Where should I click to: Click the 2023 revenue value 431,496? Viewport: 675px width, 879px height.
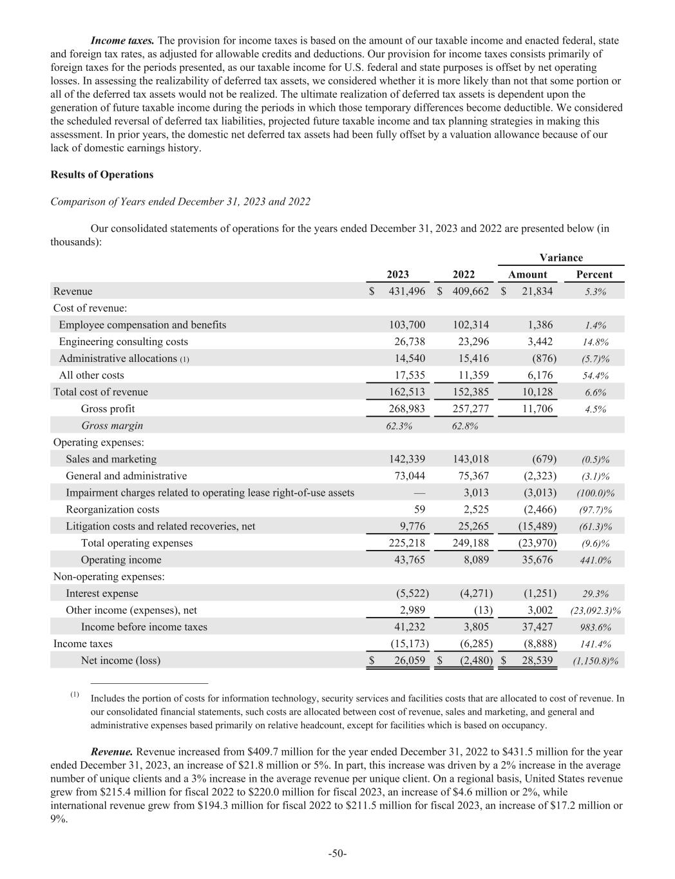click(x=406, y=291)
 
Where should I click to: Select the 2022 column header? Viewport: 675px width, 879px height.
click(x=464, y=274)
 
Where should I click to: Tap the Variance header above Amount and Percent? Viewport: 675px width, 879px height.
click(x=560, y=258)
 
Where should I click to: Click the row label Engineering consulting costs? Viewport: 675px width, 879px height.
click(x=123, y=341)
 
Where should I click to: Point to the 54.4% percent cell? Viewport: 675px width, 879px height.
click(x=595, y=375)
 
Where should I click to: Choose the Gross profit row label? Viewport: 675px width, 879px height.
click(x=108, y=409)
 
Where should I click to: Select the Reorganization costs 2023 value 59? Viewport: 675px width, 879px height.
click(x=419, y=509)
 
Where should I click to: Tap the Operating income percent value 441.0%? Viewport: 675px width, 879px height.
click(x=595, y=560)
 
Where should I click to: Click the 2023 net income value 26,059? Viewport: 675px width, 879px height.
click(x=406, y=660)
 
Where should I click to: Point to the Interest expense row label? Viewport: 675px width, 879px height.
click(x=102, y=593)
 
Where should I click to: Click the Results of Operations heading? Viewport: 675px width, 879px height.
click(x=102, y=175)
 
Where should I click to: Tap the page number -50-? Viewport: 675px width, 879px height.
click(x=337, y=853)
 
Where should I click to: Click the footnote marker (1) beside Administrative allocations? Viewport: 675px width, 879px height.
click(x=184, y=359)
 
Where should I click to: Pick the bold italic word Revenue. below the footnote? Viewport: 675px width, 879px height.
click(x=112, y=751)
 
